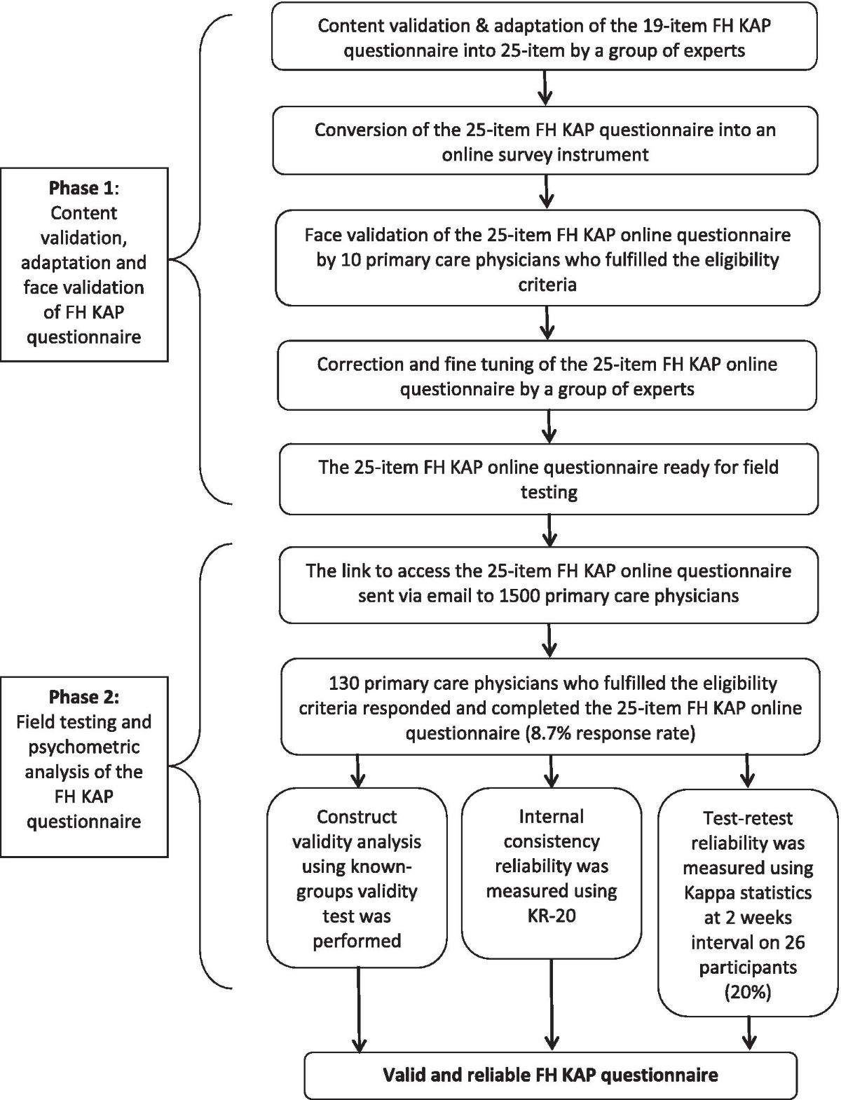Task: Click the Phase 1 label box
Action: [84, 264]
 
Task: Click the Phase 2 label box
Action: [84, 767]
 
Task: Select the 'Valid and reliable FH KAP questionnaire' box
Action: [550, 1075]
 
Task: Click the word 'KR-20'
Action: [552, 916]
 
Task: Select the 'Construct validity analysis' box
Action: [357, 878]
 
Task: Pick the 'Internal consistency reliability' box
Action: [552, 874]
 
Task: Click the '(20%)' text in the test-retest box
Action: [748, 992]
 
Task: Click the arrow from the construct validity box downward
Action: [359, 1010]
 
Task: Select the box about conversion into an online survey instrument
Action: [545, 141]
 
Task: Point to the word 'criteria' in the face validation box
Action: [547, 285]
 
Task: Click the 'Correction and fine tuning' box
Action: [547, 376]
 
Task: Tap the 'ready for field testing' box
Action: [549, 479]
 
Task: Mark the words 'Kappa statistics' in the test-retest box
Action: [748, 892]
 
